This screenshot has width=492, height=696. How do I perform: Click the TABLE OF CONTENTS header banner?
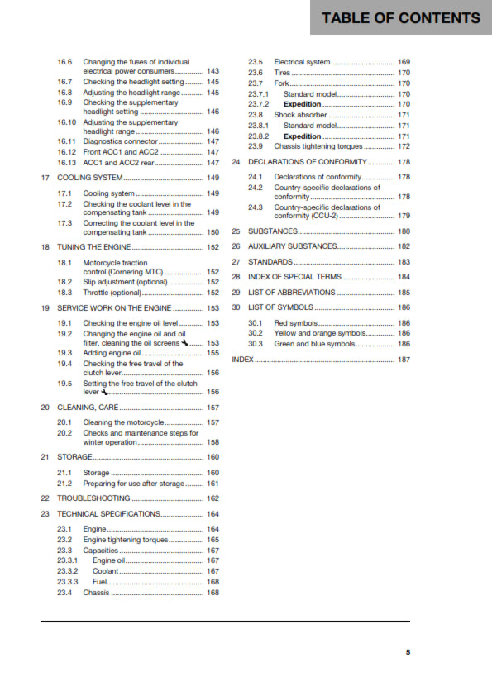click(400, 18)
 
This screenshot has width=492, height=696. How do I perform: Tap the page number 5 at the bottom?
click(408, 652)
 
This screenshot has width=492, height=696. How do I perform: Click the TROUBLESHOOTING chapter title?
click(93, 498)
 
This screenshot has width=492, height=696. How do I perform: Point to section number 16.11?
click(66, 142)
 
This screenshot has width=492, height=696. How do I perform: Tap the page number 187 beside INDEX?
click(404, 360)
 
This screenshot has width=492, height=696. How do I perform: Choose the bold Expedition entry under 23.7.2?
click(303, 105)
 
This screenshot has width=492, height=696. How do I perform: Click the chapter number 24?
click(236, 162)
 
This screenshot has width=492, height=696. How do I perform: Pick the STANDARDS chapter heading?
click(269, 262)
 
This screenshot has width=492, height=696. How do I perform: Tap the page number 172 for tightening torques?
click(404, 146)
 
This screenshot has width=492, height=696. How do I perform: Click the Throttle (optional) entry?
click(112, 293)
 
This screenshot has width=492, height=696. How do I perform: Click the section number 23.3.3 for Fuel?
click(68, 582)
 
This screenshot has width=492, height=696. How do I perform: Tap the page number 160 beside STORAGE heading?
click(213, 457)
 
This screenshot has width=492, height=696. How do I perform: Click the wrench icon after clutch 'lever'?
click(105, 393)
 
